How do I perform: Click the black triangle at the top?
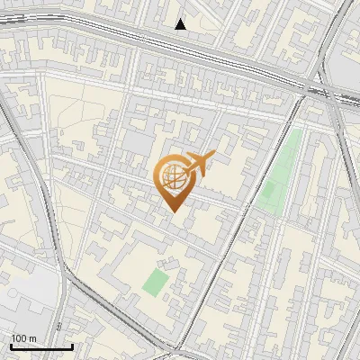point(181,24)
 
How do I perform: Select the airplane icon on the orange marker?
point(198,163)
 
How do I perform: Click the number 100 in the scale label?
point(19,338)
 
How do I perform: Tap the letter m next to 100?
point(32,338)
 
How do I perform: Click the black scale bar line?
point(41,346)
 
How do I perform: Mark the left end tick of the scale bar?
point(11,345)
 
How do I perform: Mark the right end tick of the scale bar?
point(72,345)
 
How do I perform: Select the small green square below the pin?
point(156,282)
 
